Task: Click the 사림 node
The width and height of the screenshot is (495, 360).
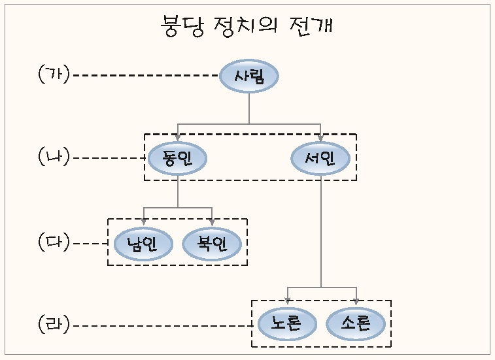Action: [x=248, y=76]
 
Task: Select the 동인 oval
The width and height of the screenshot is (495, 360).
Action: [x=177, y=157]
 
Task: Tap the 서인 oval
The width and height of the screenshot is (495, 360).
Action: [x=320, y=157]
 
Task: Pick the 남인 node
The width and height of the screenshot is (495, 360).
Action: [x=143, y=244]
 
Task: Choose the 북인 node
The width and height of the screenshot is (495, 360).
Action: [x=212, y=244]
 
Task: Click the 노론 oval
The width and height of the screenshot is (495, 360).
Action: [x=288, y=323]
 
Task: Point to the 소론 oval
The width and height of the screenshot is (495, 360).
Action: [x=356, y=323]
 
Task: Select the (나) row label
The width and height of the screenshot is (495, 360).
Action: [x=54, y=157]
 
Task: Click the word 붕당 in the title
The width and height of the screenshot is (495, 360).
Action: [x=182, y=27]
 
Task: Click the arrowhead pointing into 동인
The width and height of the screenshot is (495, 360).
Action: [x=177, y=137]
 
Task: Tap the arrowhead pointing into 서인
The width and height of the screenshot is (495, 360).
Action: [x=320, y=137]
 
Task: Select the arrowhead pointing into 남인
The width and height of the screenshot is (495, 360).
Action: [x=143, y=222]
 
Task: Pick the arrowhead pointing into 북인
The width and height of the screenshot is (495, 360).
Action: [x=212, y=222]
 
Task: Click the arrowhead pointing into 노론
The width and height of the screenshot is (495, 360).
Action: [x=288, y=302]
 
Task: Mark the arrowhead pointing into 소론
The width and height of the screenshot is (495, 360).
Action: [x=356, y=302]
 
